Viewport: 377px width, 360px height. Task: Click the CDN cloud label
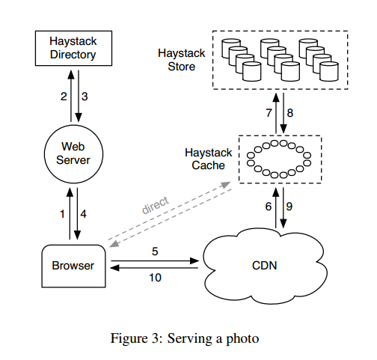coord(264,266)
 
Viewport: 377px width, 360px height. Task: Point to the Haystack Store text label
coord(182,60)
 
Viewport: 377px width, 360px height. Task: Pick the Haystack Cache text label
coord(209,159)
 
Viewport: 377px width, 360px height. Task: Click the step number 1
coord(62,214)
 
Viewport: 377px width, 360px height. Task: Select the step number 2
coord(64,97)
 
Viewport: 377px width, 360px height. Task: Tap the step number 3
coord(85,97)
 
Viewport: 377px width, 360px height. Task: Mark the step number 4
coord(83,214)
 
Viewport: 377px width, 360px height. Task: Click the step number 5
coord(155,251)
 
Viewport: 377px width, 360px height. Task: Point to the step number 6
coord(269,207)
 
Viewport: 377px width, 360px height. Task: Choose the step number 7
coord(269,113)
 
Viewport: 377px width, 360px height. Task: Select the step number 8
coord(290,113)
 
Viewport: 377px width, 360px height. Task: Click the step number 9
coord(289,207)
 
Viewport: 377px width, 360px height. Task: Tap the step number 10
coord(155,278)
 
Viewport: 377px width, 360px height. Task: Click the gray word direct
coord(156,206)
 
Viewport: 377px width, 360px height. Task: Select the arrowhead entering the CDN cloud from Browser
coord(194,261)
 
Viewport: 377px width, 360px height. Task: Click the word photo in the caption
coord(242,339)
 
